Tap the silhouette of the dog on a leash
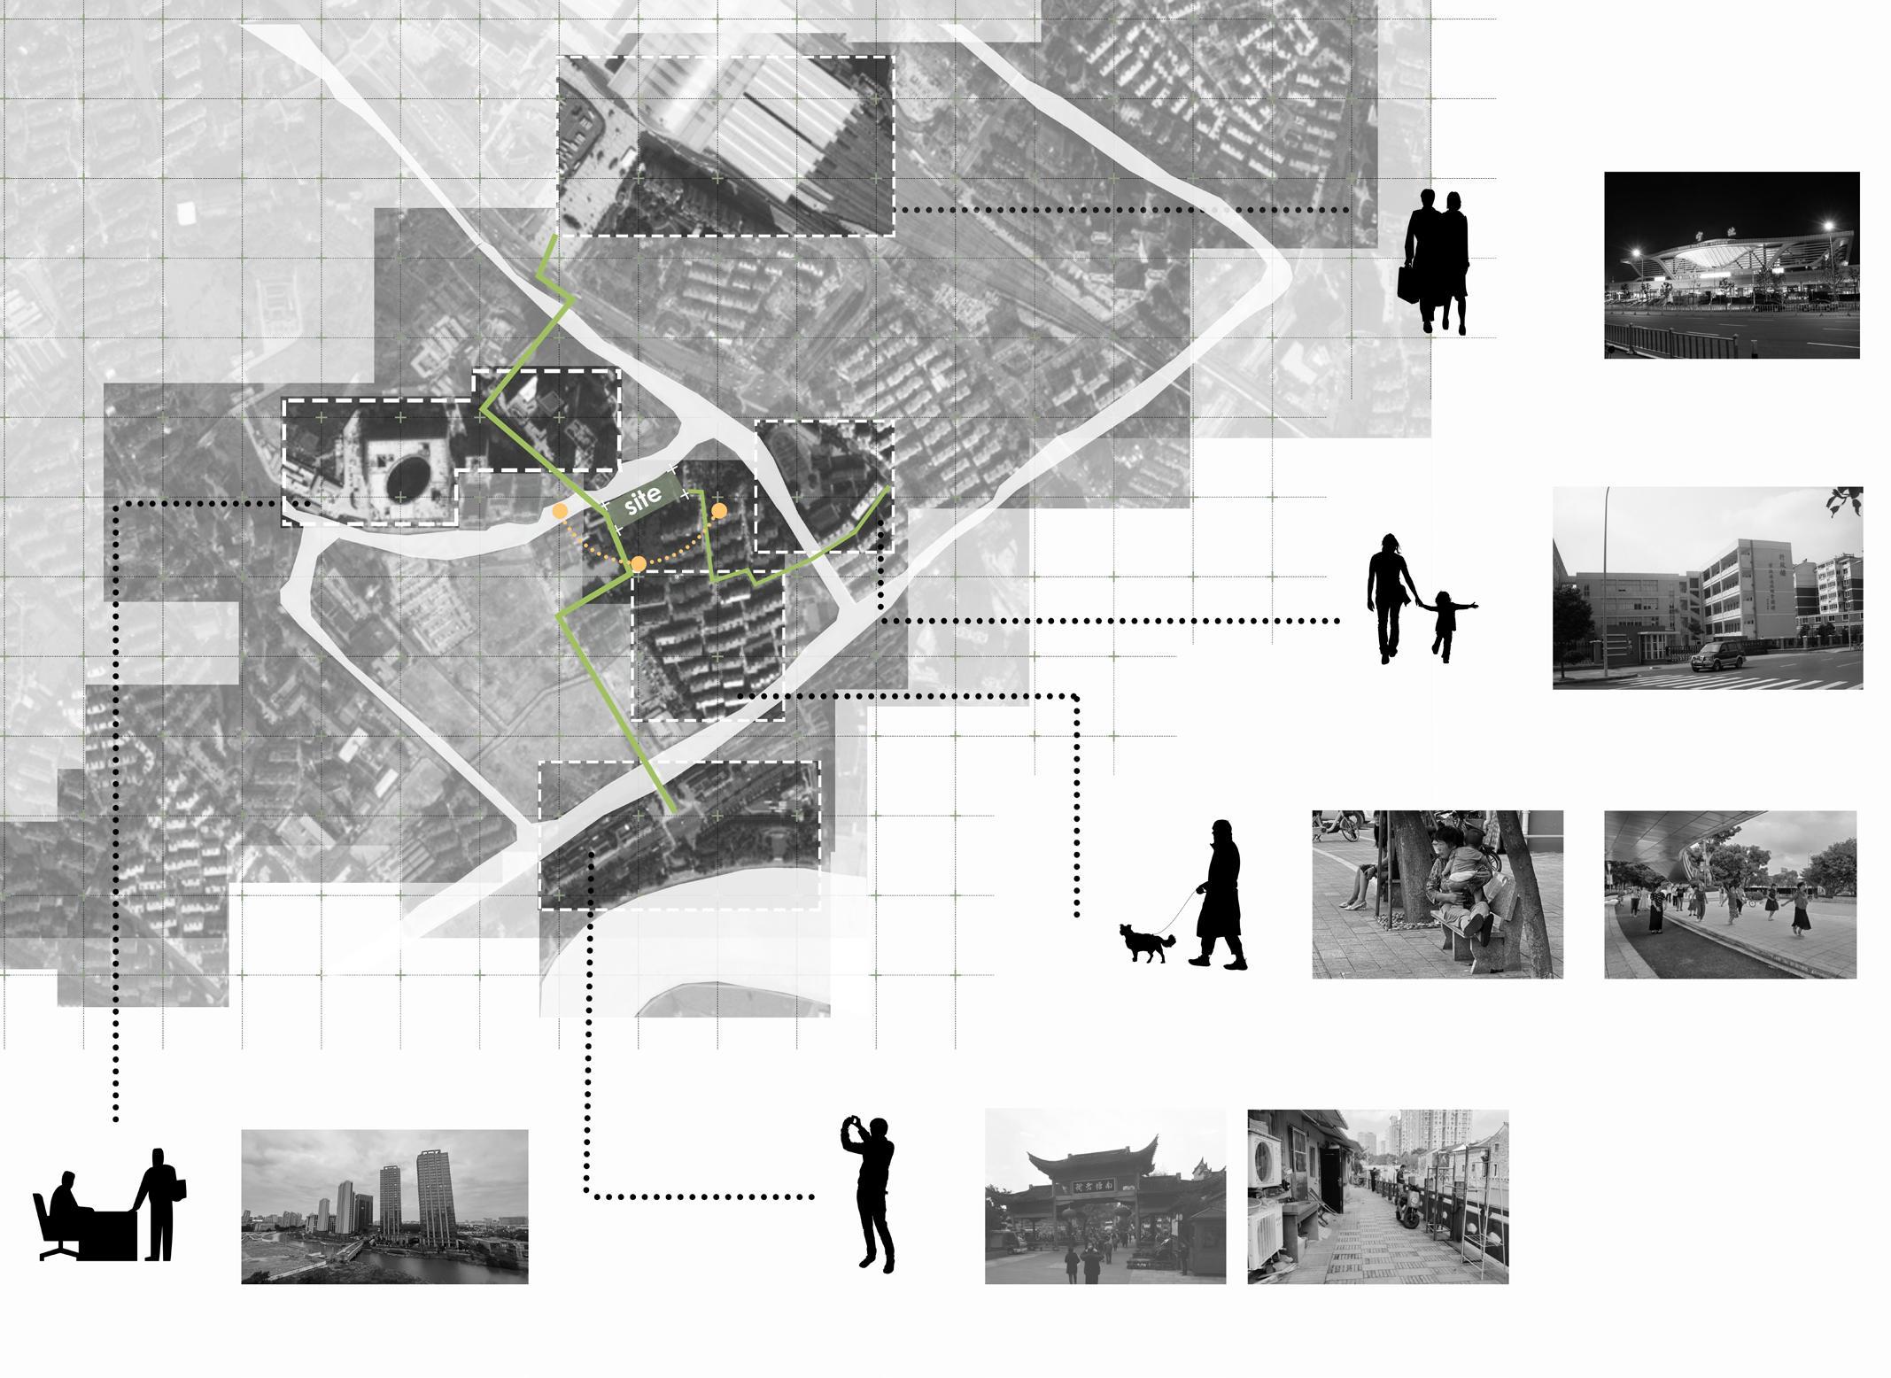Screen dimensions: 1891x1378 tap(1146, 942)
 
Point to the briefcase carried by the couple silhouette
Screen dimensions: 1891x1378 tap(1410, 283)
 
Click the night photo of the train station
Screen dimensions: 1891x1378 tap(1731, 265)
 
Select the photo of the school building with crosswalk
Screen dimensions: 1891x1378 tap(1707, 587)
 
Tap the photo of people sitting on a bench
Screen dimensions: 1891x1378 tap(1437, 894)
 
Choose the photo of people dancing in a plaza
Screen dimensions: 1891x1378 tap(1730, 894)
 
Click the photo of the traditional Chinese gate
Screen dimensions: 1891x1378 tap(1104, 1196)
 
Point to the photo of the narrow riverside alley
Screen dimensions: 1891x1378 tap(1377, 1196)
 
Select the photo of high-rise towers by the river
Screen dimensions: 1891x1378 tap(384, 1206)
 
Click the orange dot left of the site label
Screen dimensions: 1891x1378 tap(560, 511)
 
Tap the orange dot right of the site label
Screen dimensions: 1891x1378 tap(719, 511)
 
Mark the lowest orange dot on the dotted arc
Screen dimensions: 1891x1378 tap(638, 564)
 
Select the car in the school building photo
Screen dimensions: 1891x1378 tap(1717, 657)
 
